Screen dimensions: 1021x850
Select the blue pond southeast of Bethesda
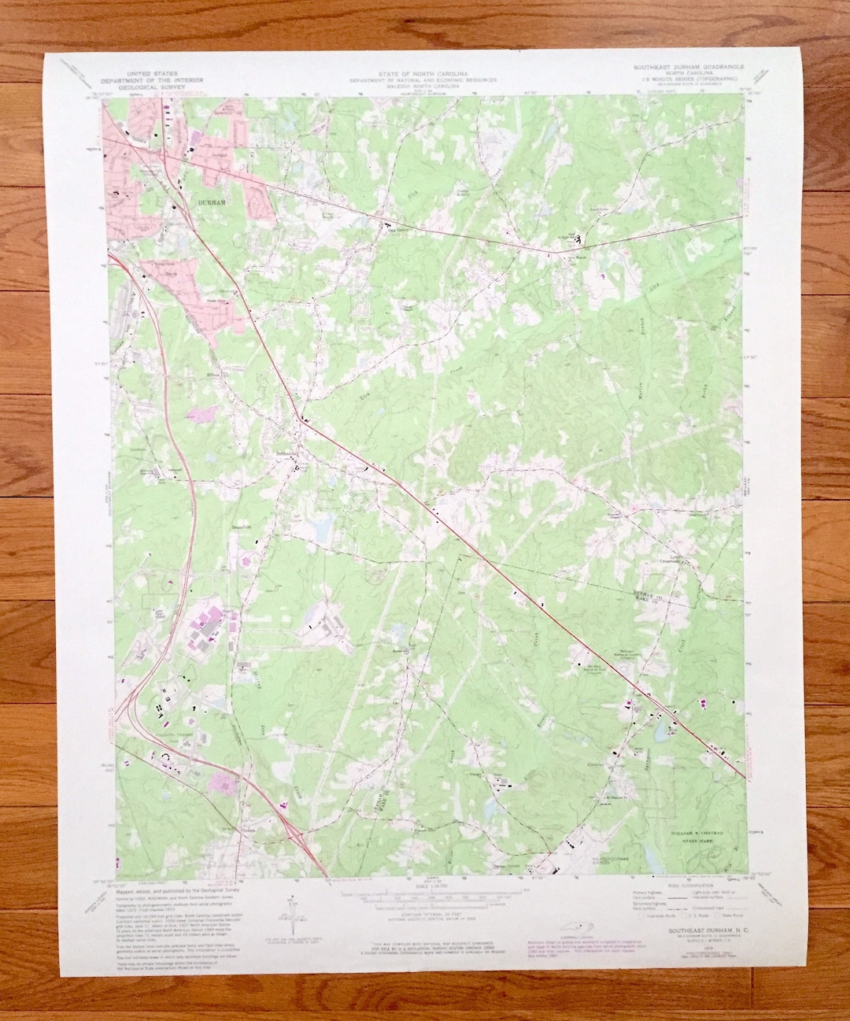coord(320,527)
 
